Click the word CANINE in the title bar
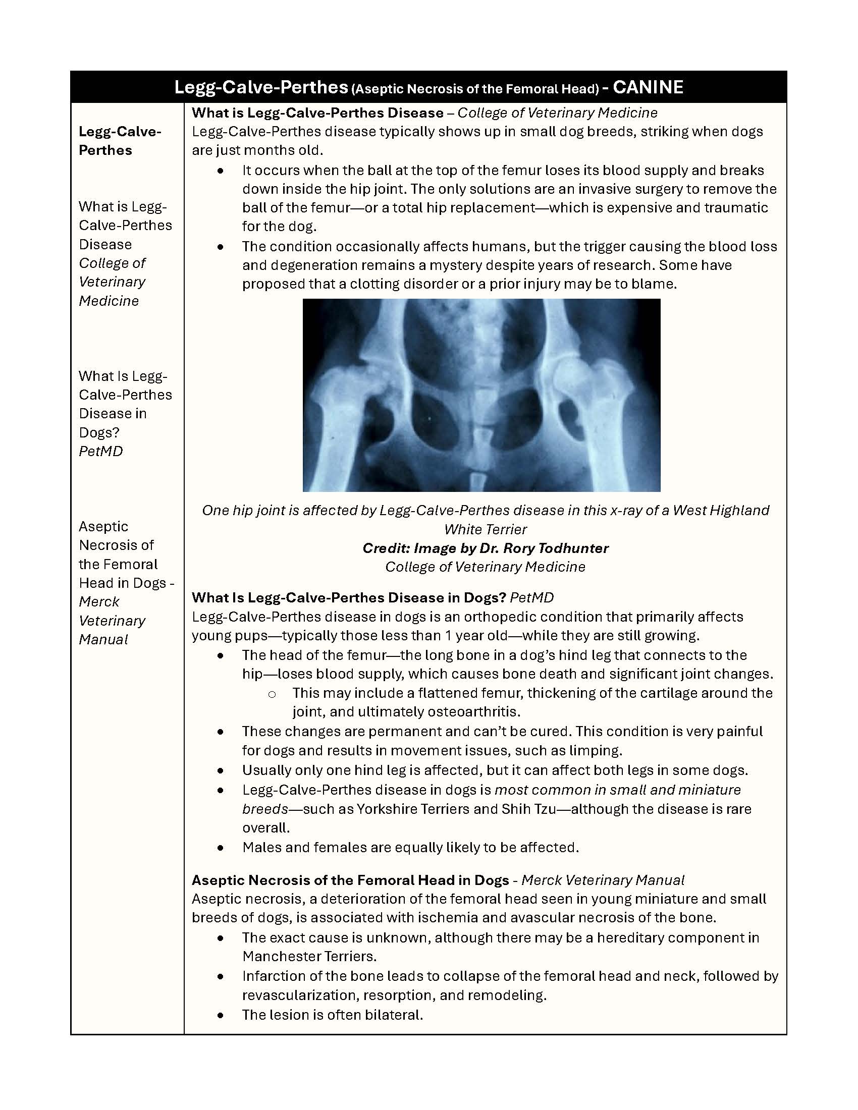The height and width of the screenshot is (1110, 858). (x=648, y=87)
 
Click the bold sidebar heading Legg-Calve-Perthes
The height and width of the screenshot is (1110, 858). (x=120, y=141)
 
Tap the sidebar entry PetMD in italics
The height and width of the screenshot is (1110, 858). (x=100, y=452)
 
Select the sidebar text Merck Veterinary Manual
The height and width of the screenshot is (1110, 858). (x=112, y=621)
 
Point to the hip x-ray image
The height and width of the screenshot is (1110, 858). (x=481, y=395)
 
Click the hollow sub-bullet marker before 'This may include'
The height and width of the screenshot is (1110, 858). (x=272, y=693)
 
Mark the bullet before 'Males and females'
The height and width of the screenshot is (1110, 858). (x=220, y=848)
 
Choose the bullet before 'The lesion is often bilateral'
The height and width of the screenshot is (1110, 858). (x=220, y=1015)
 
